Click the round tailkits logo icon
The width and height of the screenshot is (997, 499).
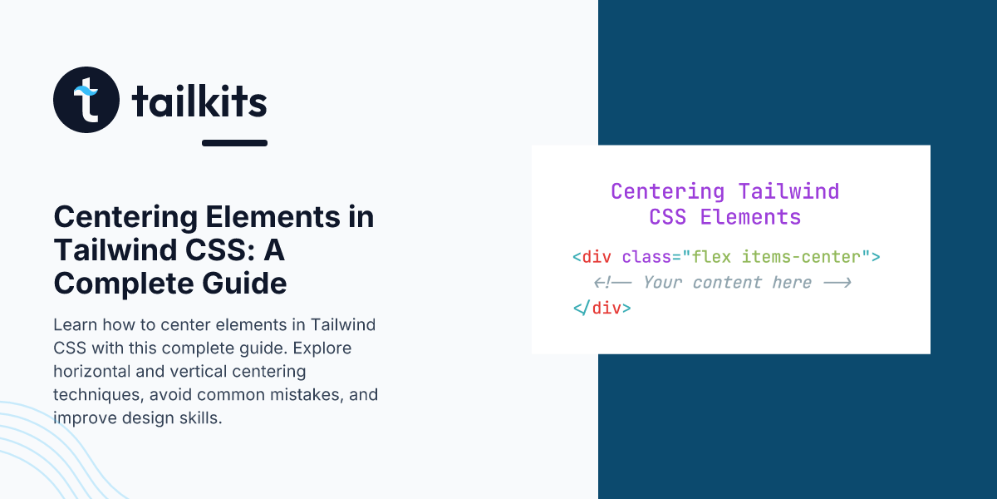pos(86,100)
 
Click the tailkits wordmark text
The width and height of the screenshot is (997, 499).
pos(199,101)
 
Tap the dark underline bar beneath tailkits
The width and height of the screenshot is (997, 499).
pos(234,143)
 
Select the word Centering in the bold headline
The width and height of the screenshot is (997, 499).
pos(126,217)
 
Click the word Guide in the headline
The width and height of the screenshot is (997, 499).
pos(244,284)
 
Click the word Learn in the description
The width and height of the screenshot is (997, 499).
pos(76,325)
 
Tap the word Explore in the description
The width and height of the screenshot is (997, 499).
pos(322,348)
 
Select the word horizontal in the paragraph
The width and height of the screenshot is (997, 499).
pos(91,371)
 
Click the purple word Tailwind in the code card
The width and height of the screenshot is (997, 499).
pos(788,191)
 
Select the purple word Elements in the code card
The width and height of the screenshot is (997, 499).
pos(750,217)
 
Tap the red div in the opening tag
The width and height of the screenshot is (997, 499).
pos(597,257)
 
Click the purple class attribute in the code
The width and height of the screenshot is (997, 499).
pos(646,257)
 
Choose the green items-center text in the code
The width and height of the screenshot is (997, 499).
pos(801,257)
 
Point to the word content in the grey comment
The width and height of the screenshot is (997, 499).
pos(727,283)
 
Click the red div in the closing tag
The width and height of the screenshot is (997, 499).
pos(607,309)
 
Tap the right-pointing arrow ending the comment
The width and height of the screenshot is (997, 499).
pos(837,283)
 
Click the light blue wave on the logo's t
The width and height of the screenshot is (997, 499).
pos(86,91)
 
